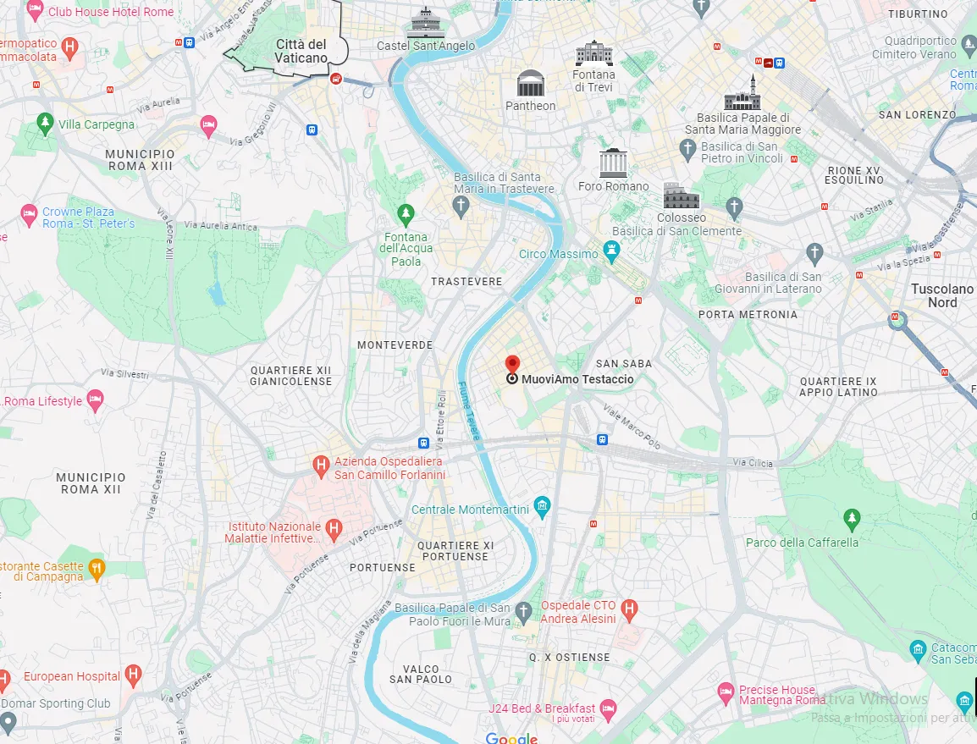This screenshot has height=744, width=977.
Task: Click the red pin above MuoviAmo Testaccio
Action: (x=512, y=364)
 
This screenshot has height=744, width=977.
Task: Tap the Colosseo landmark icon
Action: (x=682, y=196)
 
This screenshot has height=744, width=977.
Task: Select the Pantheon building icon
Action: (x=531, y=84)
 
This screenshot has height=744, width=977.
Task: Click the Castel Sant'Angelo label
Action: (x=426, y=45)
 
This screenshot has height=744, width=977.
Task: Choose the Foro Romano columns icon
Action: (x=614, y=163)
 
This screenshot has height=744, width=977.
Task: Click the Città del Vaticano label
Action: (x=301, y=51)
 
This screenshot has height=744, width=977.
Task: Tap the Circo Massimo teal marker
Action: (x=612, y=253)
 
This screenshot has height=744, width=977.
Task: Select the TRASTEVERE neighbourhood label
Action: (x=466, y=281)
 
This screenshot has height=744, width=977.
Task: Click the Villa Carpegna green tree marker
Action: (x=45, y=124)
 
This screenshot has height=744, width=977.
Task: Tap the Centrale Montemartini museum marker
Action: (x=543, y=508)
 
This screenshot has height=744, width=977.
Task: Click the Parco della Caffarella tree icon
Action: (x=852, y=517)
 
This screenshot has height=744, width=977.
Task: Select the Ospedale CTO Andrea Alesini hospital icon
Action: (x=629, y=609)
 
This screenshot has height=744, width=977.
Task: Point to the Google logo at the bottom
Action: (x=511, y=738)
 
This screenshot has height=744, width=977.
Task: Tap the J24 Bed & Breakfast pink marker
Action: (x=607, y=708)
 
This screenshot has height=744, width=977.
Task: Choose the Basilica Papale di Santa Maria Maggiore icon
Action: (x=742, y=93)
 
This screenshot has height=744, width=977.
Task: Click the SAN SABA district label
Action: (x=624, y=364)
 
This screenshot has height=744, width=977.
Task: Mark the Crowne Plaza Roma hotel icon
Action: (x=29, y=213)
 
